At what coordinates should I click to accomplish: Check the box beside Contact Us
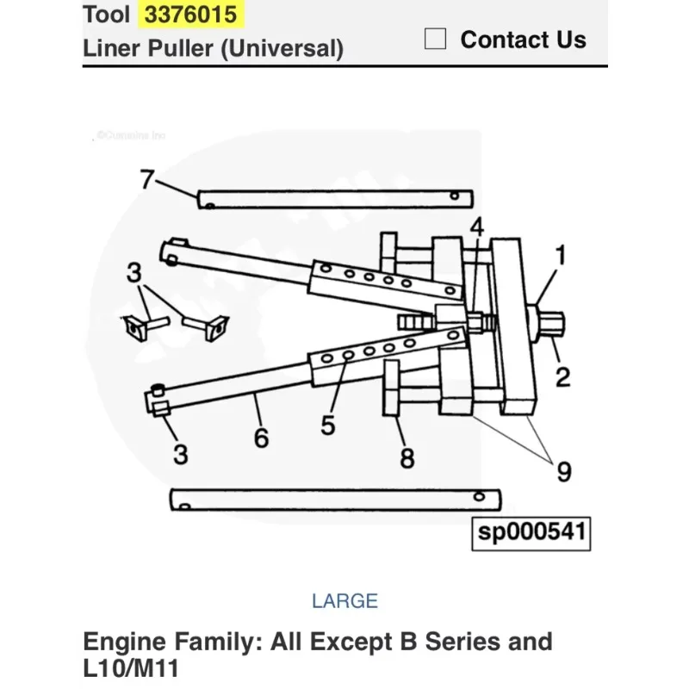click(x=436, y=40)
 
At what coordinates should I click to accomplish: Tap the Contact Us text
click(x=523, y=40)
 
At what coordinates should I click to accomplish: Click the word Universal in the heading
click(x=279, y=47)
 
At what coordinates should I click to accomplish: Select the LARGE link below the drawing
click(x=344, y=600)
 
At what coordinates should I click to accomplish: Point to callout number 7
click(x=147, y=180)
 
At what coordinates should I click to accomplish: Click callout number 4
click(x=476, y=227)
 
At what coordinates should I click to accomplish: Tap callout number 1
click(x=560, y=255)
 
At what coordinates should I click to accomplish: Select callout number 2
click(x=562, y=376)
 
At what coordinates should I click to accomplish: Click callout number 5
click(x=327, y=425)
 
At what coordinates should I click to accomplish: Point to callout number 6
click(x=261, y=438)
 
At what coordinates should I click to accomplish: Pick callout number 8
click(x=407, y=458)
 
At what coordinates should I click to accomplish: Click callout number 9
click(x=563, y=470)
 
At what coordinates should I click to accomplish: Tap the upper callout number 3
click(x=133, y=274)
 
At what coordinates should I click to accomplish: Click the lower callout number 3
click(x=179, y=454)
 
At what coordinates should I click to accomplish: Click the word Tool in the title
click(x=107, y=15)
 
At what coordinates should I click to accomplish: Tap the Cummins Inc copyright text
click(x=130, y=135)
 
